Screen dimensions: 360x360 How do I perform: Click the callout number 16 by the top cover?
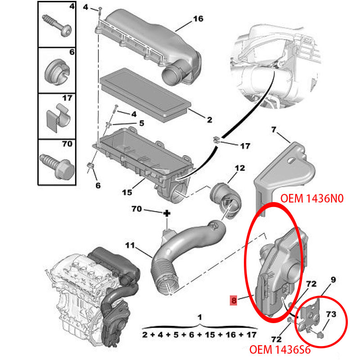click(x=198, y=19)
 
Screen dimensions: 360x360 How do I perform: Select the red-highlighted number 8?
click(x=233, y=300)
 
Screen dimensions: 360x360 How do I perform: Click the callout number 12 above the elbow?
click(x=240, y=168)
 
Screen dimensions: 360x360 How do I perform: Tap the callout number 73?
click(x=331, y=314)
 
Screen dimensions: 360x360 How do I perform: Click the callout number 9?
click(x=333, y=280)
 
